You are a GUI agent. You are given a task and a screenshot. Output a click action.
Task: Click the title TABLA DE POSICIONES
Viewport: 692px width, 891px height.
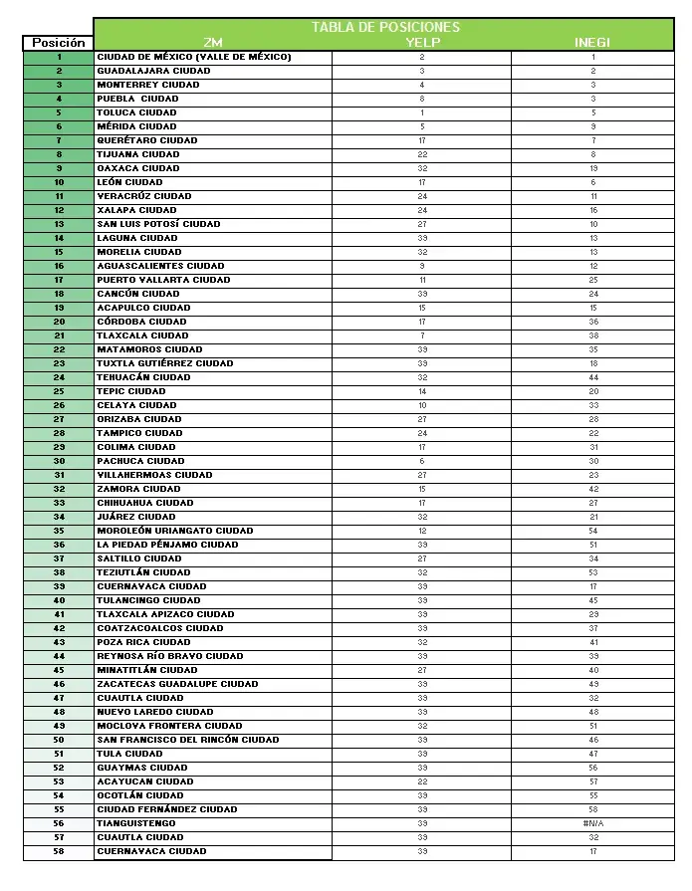[x=385, y=27]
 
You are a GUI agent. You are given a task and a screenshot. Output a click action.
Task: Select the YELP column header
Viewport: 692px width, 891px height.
[x=422, y=43]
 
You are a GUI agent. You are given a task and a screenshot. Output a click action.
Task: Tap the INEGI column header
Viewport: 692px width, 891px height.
[x=592, y=43]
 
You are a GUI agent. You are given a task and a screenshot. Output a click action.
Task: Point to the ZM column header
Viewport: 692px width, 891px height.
[x=213, y=43]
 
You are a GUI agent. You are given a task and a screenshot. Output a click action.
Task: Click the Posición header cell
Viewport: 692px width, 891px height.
[x=59, y=43]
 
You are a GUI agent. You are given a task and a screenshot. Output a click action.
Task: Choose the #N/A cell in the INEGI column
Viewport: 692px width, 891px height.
[x=592, y=823]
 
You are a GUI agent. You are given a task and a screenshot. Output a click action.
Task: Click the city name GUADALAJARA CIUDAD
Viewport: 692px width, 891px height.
[x=153, y=71]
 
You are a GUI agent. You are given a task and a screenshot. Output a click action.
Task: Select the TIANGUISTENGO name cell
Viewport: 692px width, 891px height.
[x=136, y=823]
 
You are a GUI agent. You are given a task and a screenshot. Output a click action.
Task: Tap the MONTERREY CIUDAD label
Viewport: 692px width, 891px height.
[x=148, y=85]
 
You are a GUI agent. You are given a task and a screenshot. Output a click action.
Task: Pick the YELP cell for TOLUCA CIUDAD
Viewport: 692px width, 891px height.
[x=422, y=112]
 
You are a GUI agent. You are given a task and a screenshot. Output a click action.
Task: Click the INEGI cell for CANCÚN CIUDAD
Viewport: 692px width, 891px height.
[x=592, y=294]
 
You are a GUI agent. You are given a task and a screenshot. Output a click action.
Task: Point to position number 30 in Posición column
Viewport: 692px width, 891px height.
[x=59, y=461]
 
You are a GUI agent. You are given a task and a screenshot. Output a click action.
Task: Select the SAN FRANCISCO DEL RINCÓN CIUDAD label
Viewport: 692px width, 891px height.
[x=187, y=740]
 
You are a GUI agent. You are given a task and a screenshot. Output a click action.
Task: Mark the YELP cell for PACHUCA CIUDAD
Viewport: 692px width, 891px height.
[x=422, y=461]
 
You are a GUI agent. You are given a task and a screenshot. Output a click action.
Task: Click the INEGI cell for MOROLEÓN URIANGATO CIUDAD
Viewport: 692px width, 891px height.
[x=592, y=531]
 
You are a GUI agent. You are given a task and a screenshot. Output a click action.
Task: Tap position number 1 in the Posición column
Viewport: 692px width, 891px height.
[x=59, y=57]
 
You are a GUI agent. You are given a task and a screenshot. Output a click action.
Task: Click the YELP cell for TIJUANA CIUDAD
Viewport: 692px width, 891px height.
[x=422, y=154]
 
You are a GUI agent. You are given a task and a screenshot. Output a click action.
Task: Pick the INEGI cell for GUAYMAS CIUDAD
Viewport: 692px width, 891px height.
[x=592, y=768]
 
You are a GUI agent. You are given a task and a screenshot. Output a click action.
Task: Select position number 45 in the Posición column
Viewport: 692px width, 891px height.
[x=59, y=670]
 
